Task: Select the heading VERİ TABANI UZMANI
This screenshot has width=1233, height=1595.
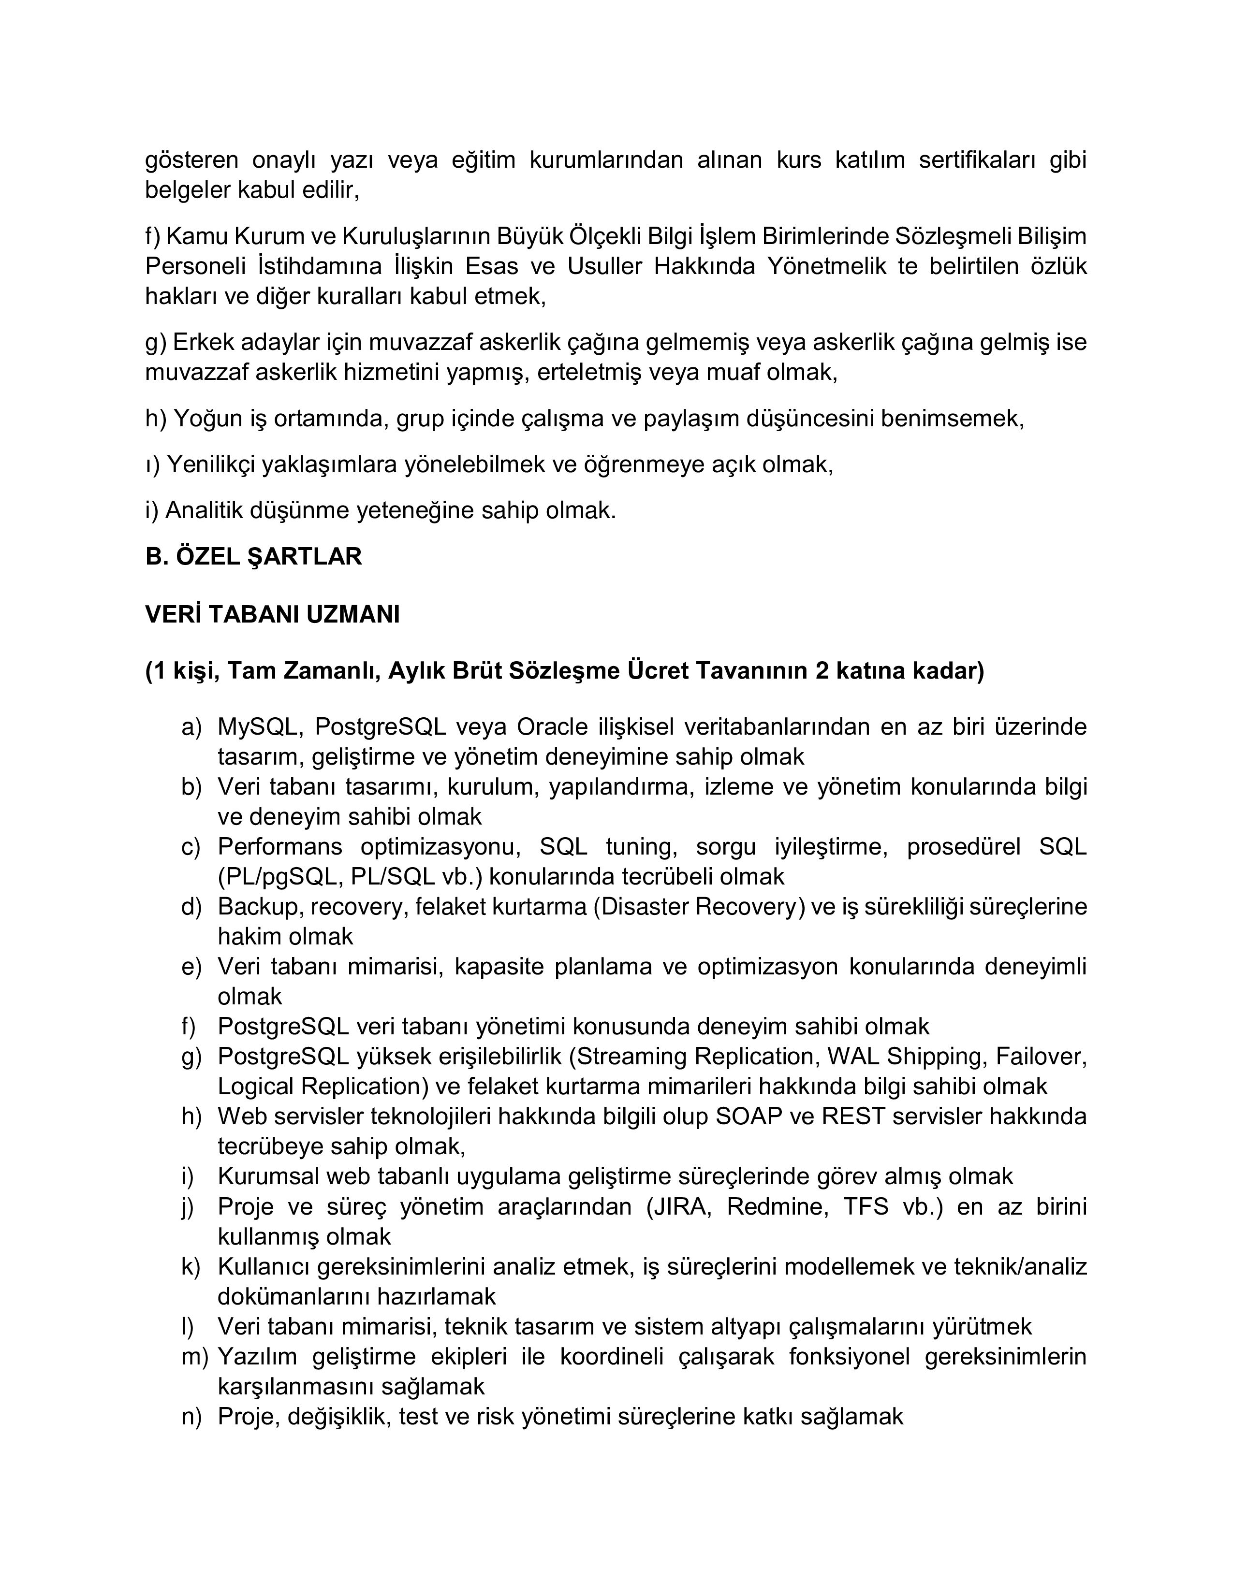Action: click(x=272, y=615)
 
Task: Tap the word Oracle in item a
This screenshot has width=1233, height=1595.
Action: click(x=552, y=727)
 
